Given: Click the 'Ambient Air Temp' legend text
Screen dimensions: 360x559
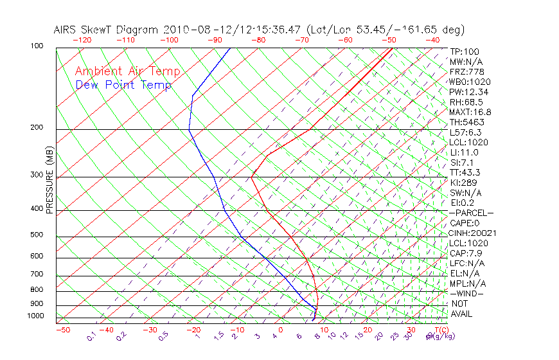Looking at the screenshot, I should (x=127, y=72).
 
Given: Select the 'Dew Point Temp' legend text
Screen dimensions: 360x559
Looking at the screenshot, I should (x=123, y=85).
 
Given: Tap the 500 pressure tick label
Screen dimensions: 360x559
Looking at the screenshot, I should (x=36, y=235).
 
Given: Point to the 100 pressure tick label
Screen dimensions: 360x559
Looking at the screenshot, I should (x=36, y=46).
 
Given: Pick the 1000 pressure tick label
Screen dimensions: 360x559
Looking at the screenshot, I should (x=35, y=316).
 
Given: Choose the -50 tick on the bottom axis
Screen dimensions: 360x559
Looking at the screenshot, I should (x=62, y=330).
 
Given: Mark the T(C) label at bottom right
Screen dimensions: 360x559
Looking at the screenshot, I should (x=436, y=330).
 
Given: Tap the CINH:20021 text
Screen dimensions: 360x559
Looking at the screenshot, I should (x=473, y=233).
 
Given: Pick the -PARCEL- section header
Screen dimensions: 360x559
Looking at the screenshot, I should (x=471, y=213).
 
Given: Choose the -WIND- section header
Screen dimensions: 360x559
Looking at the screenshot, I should (x=466, y=293).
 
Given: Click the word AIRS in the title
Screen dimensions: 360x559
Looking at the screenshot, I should (x=66, y=30).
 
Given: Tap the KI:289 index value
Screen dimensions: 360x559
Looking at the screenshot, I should (x=464, y=183).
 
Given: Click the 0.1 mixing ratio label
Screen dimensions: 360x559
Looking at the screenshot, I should (x=92, y=336).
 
